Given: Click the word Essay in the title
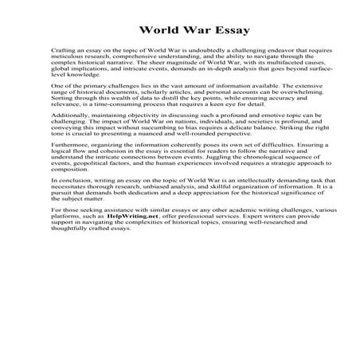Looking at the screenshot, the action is coord(227,32).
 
